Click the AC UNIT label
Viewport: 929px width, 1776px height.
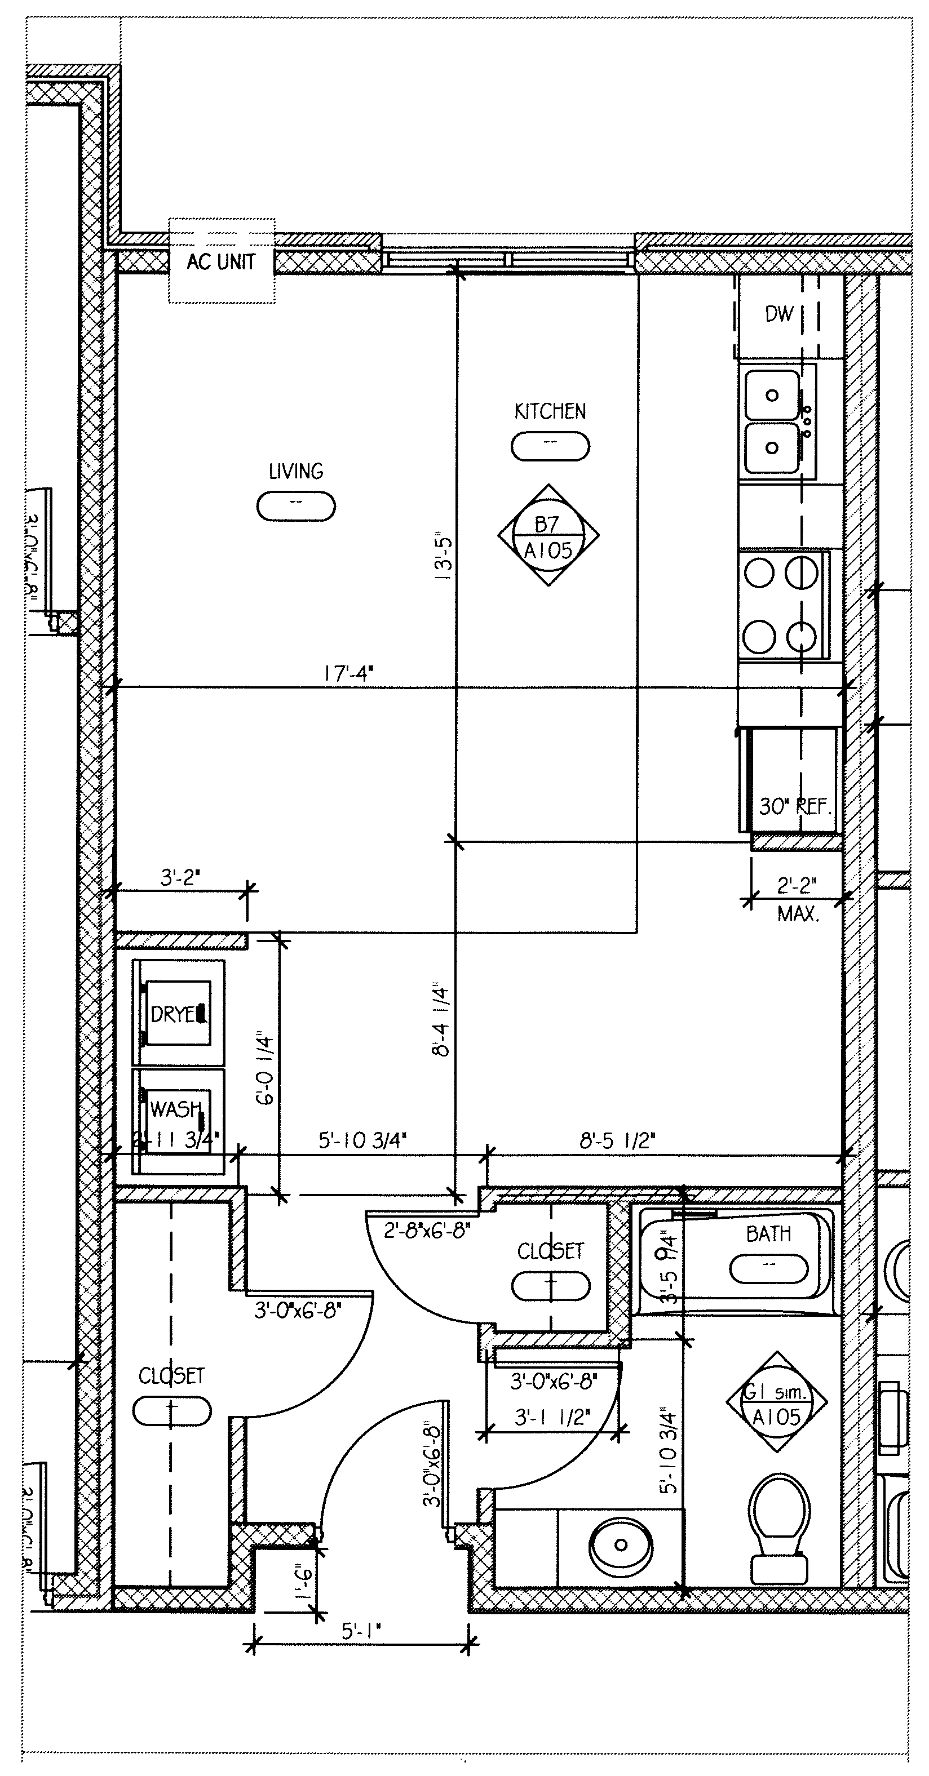tap(221, 262)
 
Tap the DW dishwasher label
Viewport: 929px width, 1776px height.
tap(780, 314)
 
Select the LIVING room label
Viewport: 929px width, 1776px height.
tap(296, 472)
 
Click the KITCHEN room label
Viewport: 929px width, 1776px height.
tap(550, 411)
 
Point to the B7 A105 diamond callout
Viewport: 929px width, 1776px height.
tap(548, 536)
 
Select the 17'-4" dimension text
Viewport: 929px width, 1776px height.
tap(348, 673)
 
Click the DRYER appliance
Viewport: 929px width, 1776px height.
tap(179, 1014)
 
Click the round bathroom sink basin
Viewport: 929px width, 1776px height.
tap(620, 1545)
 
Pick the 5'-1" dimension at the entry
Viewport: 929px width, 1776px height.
tap(361, 1631)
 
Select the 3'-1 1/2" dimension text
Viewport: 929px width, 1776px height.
tap(552, 1418)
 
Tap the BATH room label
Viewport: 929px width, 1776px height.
tap(768, 1234)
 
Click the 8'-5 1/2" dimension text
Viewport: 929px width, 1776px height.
tap(617, 1141)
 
